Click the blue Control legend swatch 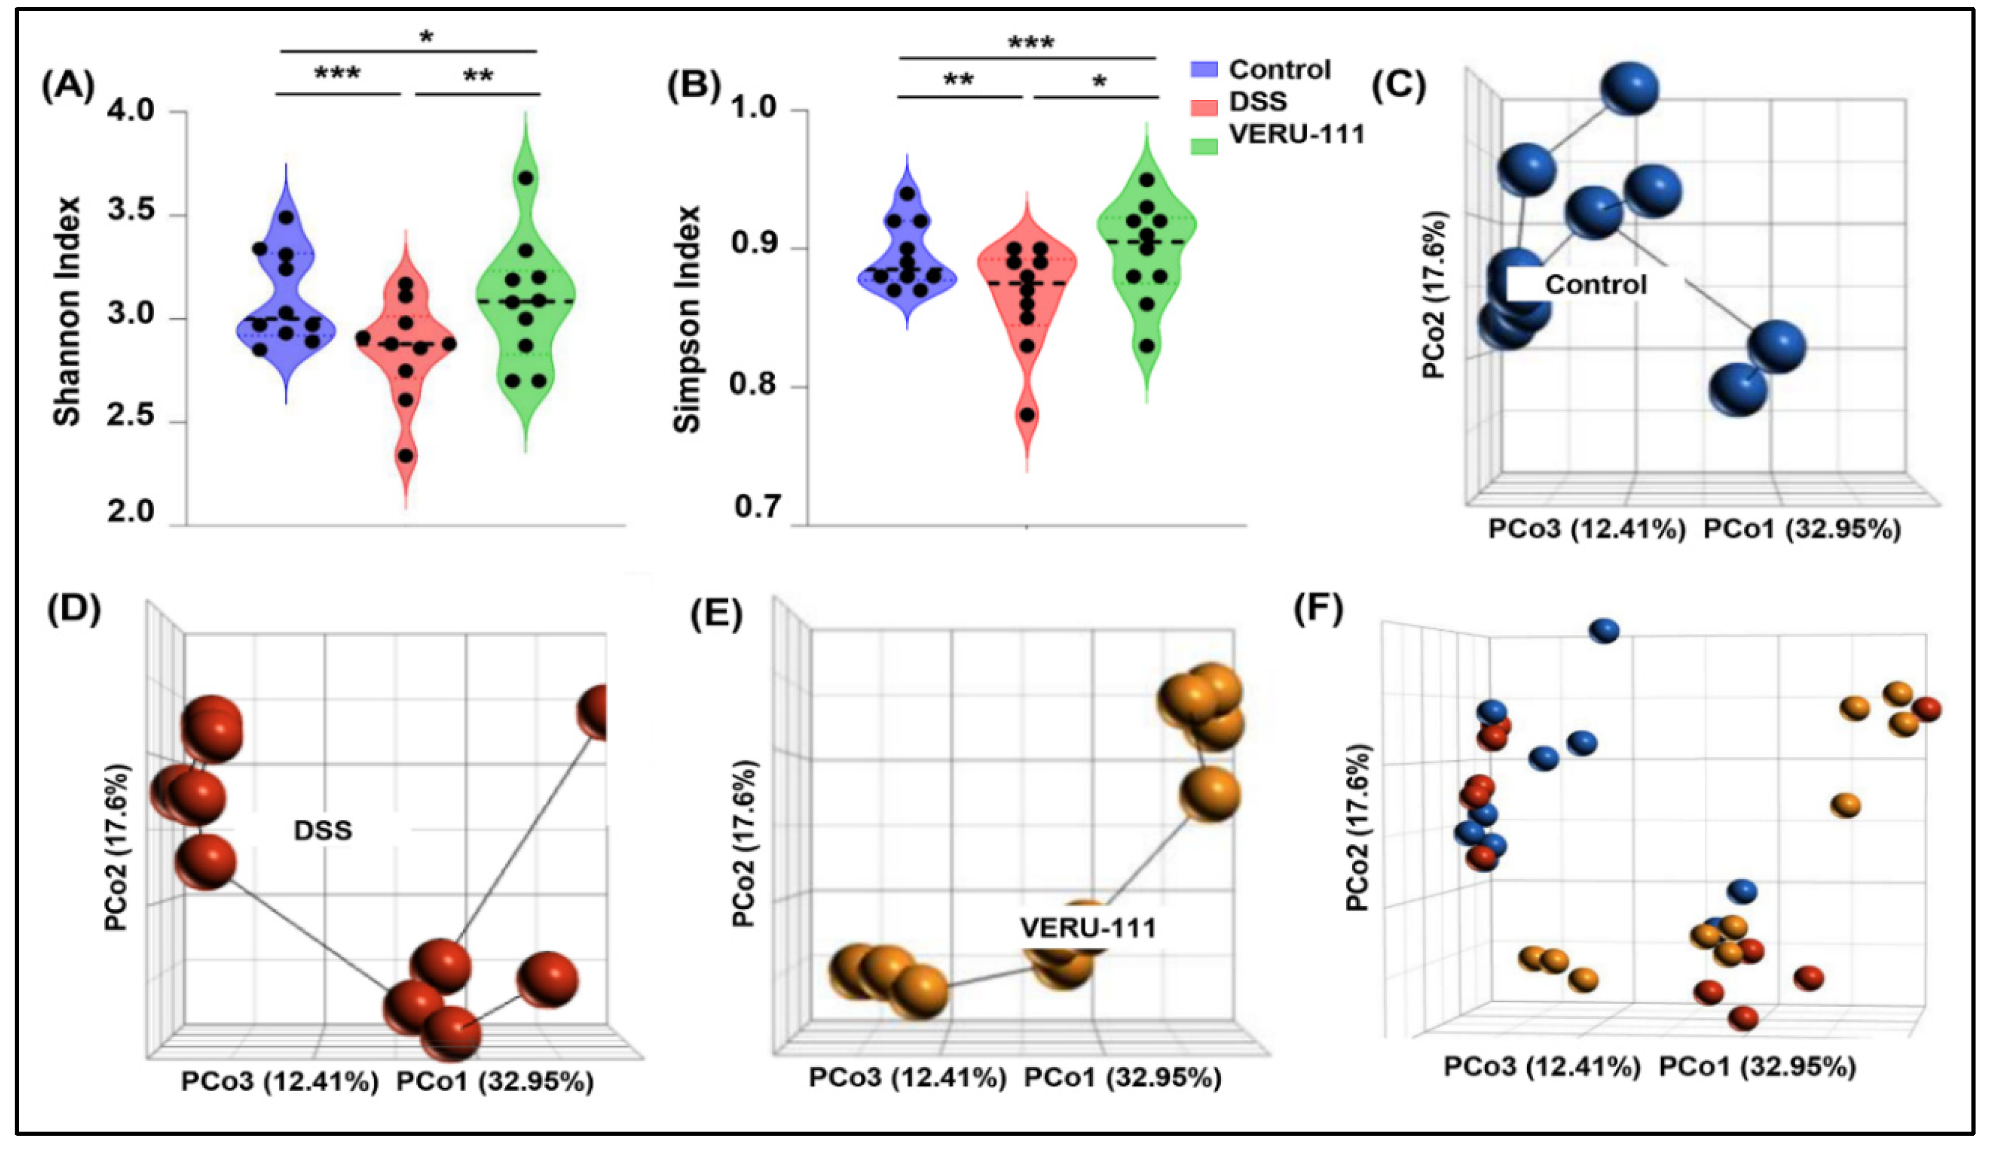1204,69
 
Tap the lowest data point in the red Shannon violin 405,456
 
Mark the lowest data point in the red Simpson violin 1027,415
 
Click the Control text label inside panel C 1595,284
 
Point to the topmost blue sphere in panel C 1630,89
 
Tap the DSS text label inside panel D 323,831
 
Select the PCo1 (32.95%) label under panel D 495,1082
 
